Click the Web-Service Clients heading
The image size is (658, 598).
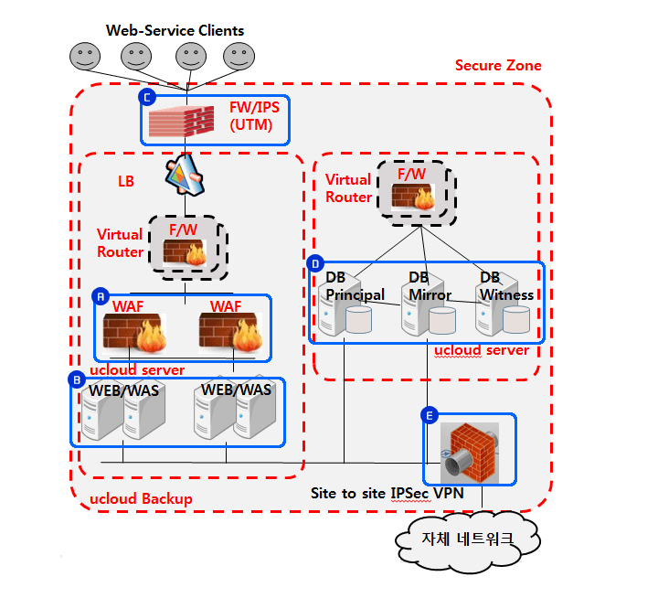click(x=175, y=30)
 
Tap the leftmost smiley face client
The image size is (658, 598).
click(x=84, y=57)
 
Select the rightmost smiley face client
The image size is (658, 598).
click(x=240, y=57)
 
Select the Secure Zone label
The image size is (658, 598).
click(x=498, y=65)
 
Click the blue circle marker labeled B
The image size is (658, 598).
click(x=78, y=377)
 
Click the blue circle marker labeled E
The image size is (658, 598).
click(x=429, y=415)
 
